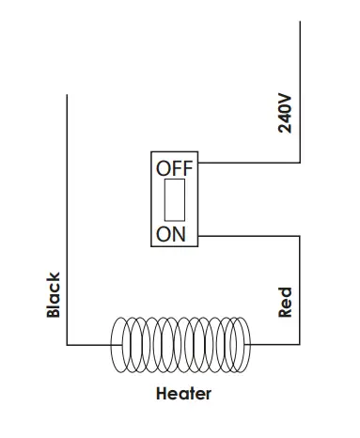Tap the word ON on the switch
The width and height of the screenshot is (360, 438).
pyautogui.click(x=171, y=234)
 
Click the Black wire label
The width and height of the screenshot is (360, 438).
pyautogui.click(x=54, y=295)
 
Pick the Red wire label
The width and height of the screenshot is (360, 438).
pyautogui.click(x=287, y=303)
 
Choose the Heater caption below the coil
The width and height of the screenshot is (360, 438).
pyautogui.click(x=184, y=394)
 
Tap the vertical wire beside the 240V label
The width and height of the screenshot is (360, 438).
pyautogui.click(x=298, y=94)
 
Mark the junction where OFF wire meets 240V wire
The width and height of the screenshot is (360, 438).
pyautogui.click(x=298, y=163)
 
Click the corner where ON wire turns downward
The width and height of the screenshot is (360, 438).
pyautogui.click(x=298, y=236)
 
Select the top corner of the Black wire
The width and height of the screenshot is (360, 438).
pyautogui.click(x=67, y=95)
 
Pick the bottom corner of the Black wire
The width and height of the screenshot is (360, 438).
pyautogui.click(x=67, y=345)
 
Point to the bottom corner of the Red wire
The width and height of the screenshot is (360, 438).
pyautogui.click(x=298, y=345)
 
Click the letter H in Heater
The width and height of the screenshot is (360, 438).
pyautogui.click(x=162, y=394)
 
